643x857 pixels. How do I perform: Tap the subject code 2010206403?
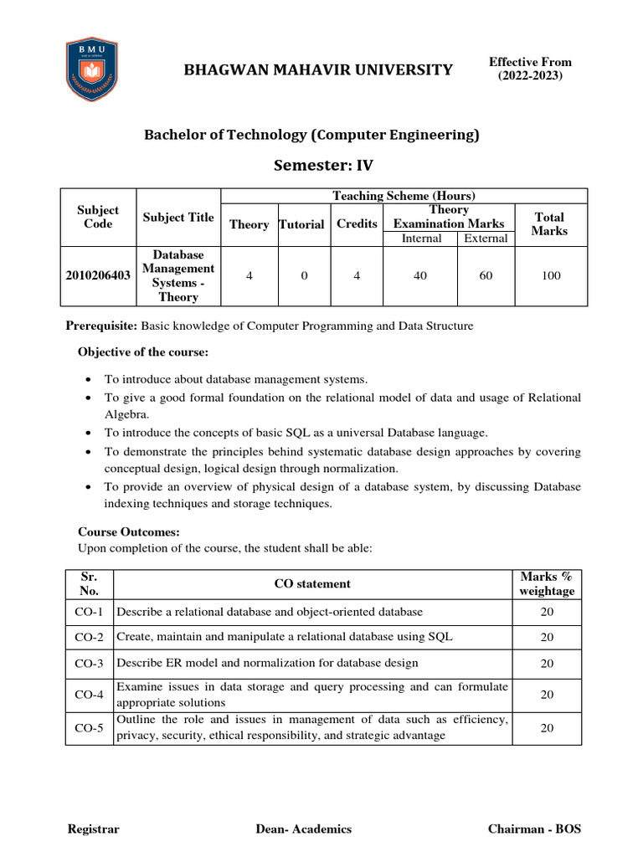(98, 275)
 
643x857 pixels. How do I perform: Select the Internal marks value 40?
(420, 275)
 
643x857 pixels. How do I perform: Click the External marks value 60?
(486, 275)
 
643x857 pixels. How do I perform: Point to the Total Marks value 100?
(551, 275)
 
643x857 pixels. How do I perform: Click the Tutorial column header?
(301, 224)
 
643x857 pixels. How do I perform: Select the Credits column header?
(357, 223)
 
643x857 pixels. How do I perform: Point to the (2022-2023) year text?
(531, 76)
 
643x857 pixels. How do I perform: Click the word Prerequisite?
(100, 326)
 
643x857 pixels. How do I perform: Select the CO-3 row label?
(89, 664)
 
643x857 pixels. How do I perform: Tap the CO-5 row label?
(89, 728)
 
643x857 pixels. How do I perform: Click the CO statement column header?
(312, 583)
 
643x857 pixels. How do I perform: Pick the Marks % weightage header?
(547, 583)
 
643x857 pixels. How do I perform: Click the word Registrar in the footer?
(93, 829)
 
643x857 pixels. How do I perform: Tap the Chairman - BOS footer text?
(534, 829)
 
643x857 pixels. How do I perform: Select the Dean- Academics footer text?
(304, 829)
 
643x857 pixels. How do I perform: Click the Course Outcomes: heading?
(129, 531)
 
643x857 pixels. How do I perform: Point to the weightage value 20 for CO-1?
(547, 612)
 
